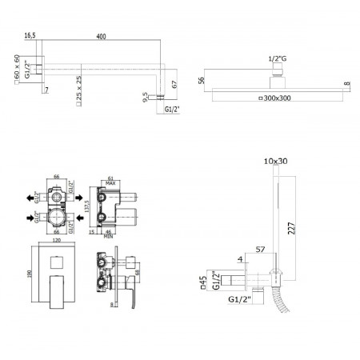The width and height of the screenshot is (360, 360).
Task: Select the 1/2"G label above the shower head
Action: click(277, 59)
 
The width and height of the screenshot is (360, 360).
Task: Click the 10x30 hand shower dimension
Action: click(274, 161)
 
